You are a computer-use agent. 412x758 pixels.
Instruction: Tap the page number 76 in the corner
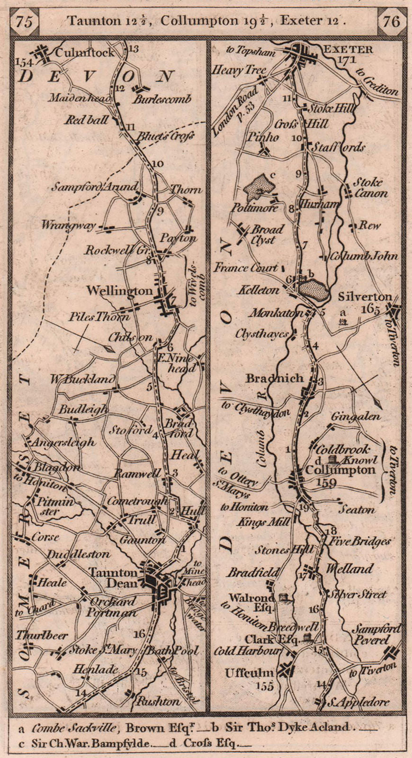(x=391, y=21)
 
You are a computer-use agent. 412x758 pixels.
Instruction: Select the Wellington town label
(x=119, y=291)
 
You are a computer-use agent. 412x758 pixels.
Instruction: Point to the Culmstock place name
(x=85, y=53)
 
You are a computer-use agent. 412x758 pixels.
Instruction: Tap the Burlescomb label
(x=161, y=99)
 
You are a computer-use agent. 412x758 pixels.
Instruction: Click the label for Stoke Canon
(x=370, y=188)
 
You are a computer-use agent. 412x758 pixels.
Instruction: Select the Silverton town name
(x=365, y=297)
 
